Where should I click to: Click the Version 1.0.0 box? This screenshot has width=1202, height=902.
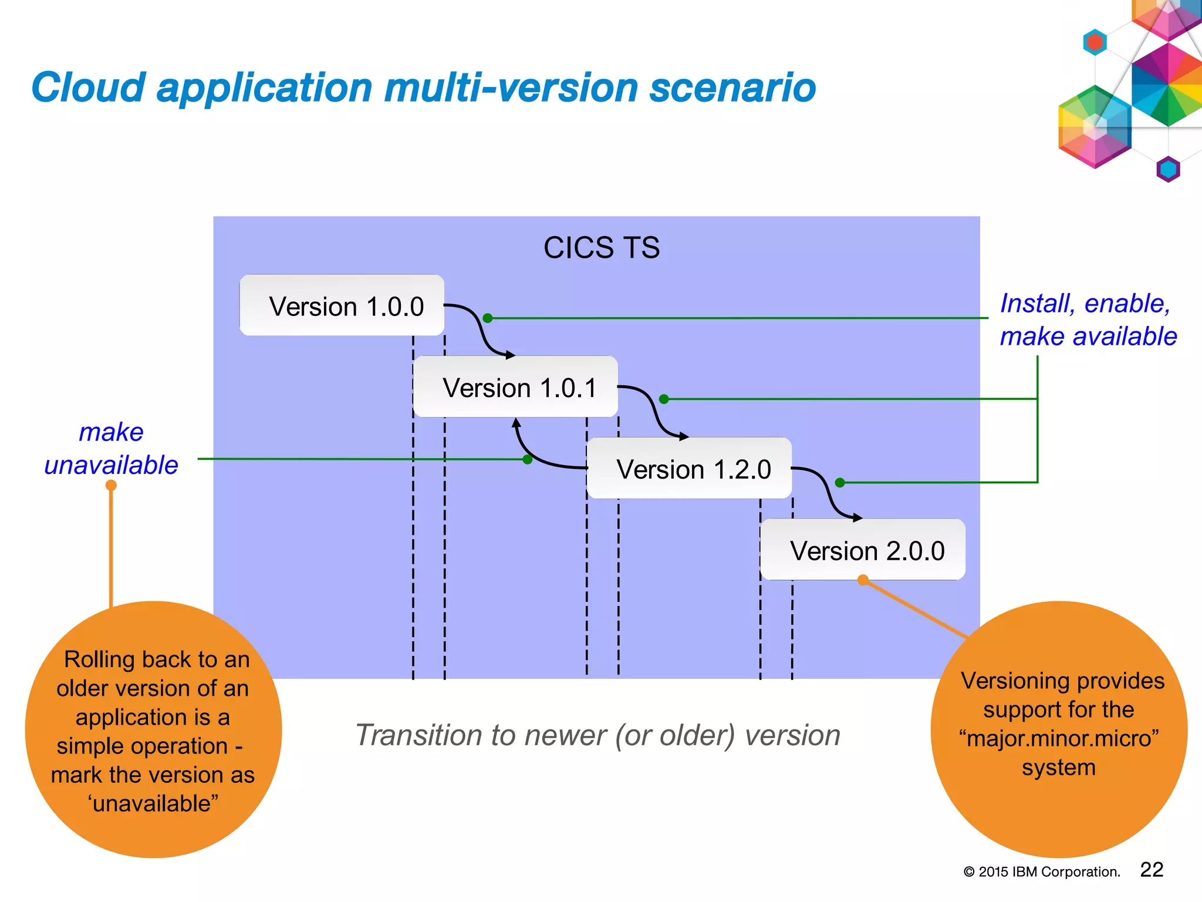tap(342, 305)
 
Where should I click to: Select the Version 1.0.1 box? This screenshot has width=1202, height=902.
tap(515, 387)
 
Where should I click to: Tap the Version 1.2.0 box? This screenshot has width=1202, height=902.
tap(689, 469)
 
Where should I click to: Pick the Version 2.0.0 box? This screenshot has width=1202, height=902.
tap(863, 550)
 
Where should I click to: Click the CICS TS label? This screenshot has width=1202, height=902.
tap(601, 247)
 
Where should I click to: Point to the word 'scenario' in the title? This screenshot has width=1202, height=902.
tap(732, 88)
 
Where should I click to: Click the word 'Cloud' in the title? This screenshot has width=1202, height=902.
tap(88, 88)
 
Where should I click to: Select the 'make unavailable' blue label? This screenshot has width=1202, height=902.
tap(111, 448)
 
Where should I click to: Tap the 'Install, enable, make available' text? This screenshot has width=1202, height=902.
tap(1088, 320)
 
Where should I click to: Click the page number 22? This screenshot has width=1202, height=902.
tap(1151, 870)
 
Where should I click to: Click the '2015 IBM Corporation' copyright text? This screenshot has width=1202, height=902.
tap(1042, 872)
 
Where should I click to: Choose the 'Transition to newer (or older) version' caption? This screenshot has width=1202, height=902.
tap(597, 735)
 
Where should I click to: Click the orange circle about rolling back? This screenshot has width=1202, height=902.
tap(153, 730)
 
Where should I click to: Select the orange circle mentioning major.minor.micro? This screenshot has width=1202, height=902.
tap(1059, 730)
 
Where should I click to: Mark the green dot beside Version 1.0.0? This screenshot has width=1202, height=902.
tap(487, 318)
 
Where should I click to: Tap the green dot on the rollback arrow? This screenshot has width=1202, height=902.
tap(528, 459)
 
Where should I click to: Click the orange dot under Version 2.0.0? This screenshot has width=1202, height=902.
tap(863, 580)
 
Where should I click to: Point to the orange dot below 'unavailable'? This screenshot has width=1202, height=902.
tap(111, 486)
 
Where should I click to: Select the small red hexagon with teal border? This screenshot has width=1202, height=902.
tap(1095, 42)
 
